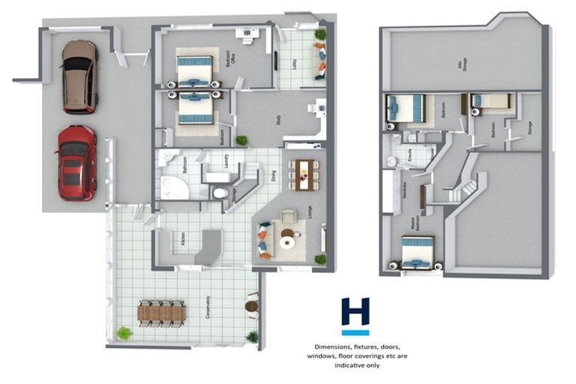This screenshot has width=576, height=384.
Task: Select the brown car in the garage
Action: (x=79, y=76)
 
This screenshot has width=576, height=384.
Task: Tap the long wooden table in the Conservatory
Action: (x=161, y=313)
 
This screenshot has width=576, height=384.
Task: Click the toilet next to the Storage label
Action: (x=220, y=193)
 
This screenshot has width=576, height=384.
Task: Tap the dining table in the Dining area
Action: (x=304, y=175)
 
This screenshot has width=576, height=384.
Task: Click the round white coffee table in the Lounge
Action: (x=287, y=241)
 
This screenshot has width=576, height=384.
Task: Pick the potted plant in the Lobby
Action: (x=320, y=34)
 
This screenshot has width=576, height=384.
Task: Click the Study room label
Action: (x=278, y=119)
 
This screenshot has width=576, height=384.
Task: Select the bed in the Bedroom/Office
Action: (x=195, y=70)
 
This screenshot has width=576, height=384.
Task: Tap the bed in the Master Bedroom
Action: (x=417, y=253)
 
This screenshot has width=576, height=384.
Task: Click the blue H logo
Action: (x=355, y=315)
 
